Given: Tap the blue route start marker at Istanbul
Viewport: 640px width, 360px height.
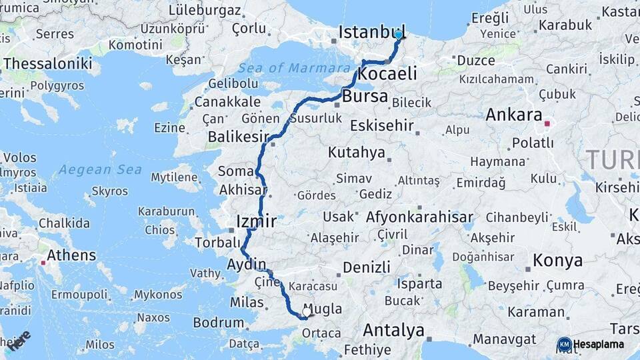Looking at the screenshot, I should (x=399, y=35).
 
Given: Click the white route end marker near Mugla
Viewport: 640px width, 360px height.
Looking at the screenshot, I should (x=307, y=311).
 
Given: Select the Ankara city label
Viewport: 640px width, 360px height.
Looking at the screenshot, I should (x=513, y=115).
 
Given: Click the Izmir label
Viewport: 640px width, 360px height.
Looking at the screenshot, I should (x=257, y=221).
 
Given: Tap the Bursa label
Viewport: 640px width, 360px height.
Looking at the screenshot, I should (x=365, y=96).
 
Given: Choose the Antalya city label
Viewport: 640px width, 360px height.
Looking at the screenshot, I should (x=393, y=330).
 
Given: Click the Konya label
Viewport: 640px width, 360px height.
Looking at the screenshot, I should (x=558, y=261).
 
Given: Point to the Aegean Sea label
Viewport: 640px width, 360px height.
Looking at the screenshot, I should (x=100, y=169).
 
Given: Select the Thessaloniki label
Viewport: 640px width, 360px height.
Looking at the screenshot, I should (x=47, y=63).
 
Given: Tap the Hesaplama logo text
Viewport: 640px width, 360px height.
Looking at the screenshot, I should (x=599, y=344).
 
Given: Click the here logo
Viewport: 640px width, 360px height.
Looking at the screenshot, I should (x=19, y=341).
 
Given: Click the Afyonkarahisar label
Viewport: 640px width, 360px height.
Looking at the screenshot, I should (x=419, y=217).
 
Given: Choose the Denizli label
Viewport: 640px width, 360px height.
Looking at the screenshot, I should (x=367, y=267).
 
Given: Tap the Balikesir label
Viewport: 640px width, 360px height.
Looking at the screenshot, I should (x=232, y=137).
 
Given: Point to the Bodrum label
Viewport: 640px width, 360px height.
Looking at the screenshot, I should (x=218, y=323).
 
